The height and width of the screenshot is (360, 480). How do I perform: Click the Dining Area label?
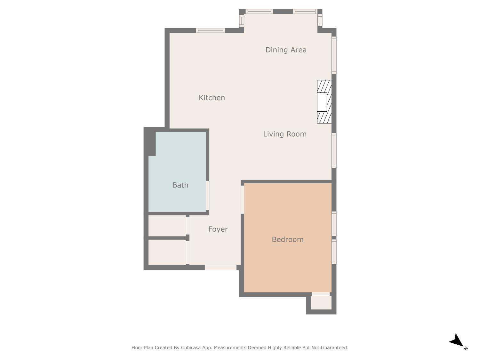point(286,50)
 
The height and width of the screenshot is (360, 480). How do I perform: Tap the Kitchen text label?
point(212,98)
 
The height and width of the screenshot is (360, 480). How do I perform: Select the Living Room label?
point(284,134)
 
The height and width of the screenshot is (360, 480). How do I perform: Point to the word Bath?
point(180,185)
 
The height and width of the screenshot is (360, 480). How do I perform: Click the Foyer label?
point(218,229)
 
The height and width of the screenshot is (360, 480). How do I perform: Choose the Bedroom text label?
point(287,240)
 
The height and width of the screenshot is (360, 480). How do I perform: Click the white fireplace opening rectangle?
point(322,102)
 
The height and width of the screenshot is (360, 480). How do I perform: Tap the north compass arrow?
point(457,341)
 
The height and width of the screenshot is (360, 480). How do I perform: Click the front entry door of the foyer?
point(220,268)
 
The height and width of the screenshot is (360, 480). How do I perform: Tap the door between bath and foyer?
point(207,196)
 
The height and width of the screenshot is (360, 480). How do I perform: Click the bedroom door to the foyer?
point(242,199)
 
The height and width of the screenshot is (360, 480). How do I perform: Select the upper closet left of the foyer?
point(167,226)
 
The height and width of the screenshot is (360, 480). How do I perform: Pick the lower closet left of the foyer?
point(167,252)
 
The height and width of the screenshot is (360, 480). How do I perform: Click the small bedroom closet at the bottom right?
point(321,302)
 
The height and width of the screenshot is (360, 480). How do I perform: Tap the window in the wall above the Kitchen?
point(210,30)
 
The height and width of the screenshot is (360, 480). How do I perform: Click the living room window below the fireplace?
point(334,151)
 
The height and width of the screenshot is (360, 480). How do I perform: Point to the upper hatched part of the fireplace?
point(324,86)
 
